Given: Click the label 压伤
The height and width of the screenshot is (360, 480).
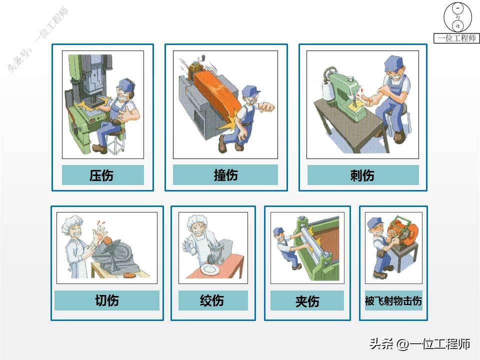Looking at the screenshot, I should pyautogui.click(x=102, y=175).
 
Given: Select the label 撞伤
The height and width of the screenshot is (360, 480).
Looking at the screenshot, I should pyautogui.click(x=225, y=175).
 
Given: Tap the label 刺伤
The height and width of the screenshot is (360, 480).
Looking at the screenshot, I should pyautogui.click(x=362, y=175).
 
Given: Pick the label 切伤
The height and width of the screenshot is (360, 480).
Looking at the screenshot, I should pyautogui.click(x=106, y=300).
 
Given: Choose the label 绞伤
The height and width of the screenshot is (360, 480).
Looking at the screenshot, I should pyautogui.click(x=212, y=300).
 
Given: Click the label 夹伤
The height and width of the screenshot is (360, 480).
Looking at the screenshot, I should pyautogui.click(x=307, y=301).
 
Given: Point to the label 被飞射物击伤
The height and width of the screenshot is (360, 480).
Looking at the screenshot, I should pyautogui.click(x=393, y=301).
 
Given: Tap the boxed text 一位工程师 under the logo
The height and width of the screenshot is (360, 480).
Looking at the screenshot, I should pyautogui.click(x=456, y=38).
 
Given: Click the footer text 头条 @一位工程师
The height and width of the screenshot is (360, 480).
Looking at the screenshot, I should pyautogui.click(x=419, y=344).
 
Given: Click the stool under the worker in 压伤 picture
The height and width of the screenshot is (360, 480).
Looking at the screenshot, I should pyautogui.click(x=118, y=142).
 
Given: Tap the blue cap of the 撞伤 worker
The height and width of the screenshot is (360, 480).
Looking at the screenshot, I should pyautogui.click(x=250, y=90).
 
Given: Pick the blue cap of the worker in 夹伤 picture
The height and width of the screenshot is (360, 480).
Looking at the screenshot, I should pyautogui.click(x=279, y=231).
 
